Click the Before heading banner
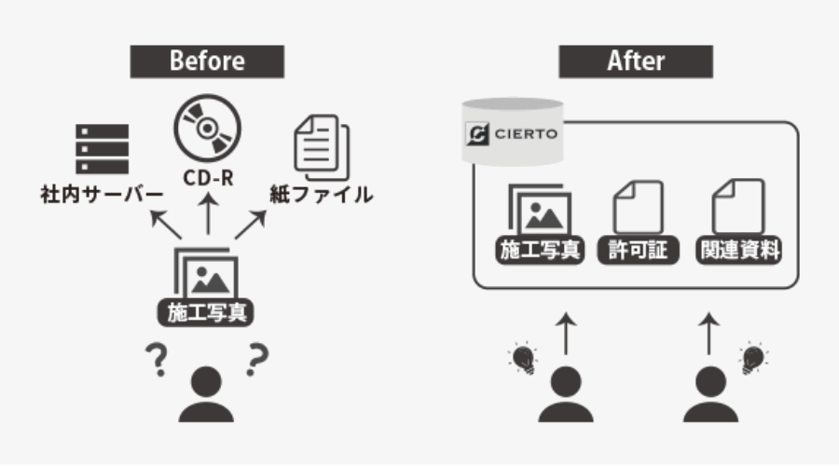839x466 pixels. click(207, 62)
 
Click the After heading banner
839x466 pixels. click(636, 62)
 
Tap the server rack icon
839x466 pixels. click(103, 149)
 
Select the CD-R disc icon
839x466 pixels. click(208, 129)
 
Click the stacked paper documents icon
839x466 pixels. click(322, 147)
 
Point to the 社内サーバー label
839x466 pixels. click(102, 194)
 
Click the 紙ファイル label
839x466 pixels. click(321, 194)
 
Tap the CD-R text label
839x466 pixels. click(208, 178)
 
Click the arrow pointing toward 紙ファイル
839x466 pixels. click(251, 225)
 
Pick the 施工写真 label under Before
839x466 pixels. click(206, 312)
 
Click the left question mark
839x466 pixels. click(157, 360)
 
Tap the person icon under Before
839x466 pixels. click(206, 394)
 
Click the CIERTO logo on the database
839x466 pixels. click(512, 134)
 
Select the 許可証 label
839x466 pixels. click(638, 250)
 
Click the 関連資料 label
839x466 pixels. click(738, 250)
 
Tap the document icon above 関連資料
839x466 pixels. click(738, 207)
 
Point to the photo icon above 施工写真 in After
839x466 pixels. click(540, 209)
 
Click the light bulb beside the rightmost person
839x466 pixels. click(753, 358)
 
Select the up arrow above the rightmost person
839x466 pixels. click(709, 334)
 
